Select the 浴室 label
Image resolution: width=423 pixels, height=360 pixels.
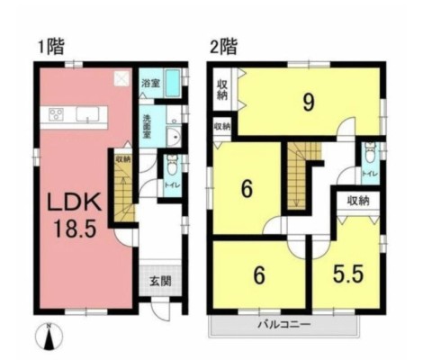pyautogui.click(x=151, y=84)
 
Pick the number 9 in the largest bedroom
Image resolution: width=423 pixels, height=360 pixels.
pyautogui.click(x=308, y=102)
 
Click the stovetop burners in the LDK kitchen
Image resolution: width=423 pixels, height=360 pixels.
pyautogui.click(x=55, y=114)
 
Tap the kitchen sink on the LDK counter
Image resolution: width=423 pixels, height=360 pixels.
pyautogui.click(x=87, y=114)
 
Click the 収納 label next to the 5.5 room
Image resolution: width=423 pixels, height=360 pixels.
pyautogui.click(x=356, y=201)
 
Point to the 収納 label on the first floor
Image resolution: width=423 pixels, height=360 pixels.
pyautogui.click(x=123, y=159)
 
